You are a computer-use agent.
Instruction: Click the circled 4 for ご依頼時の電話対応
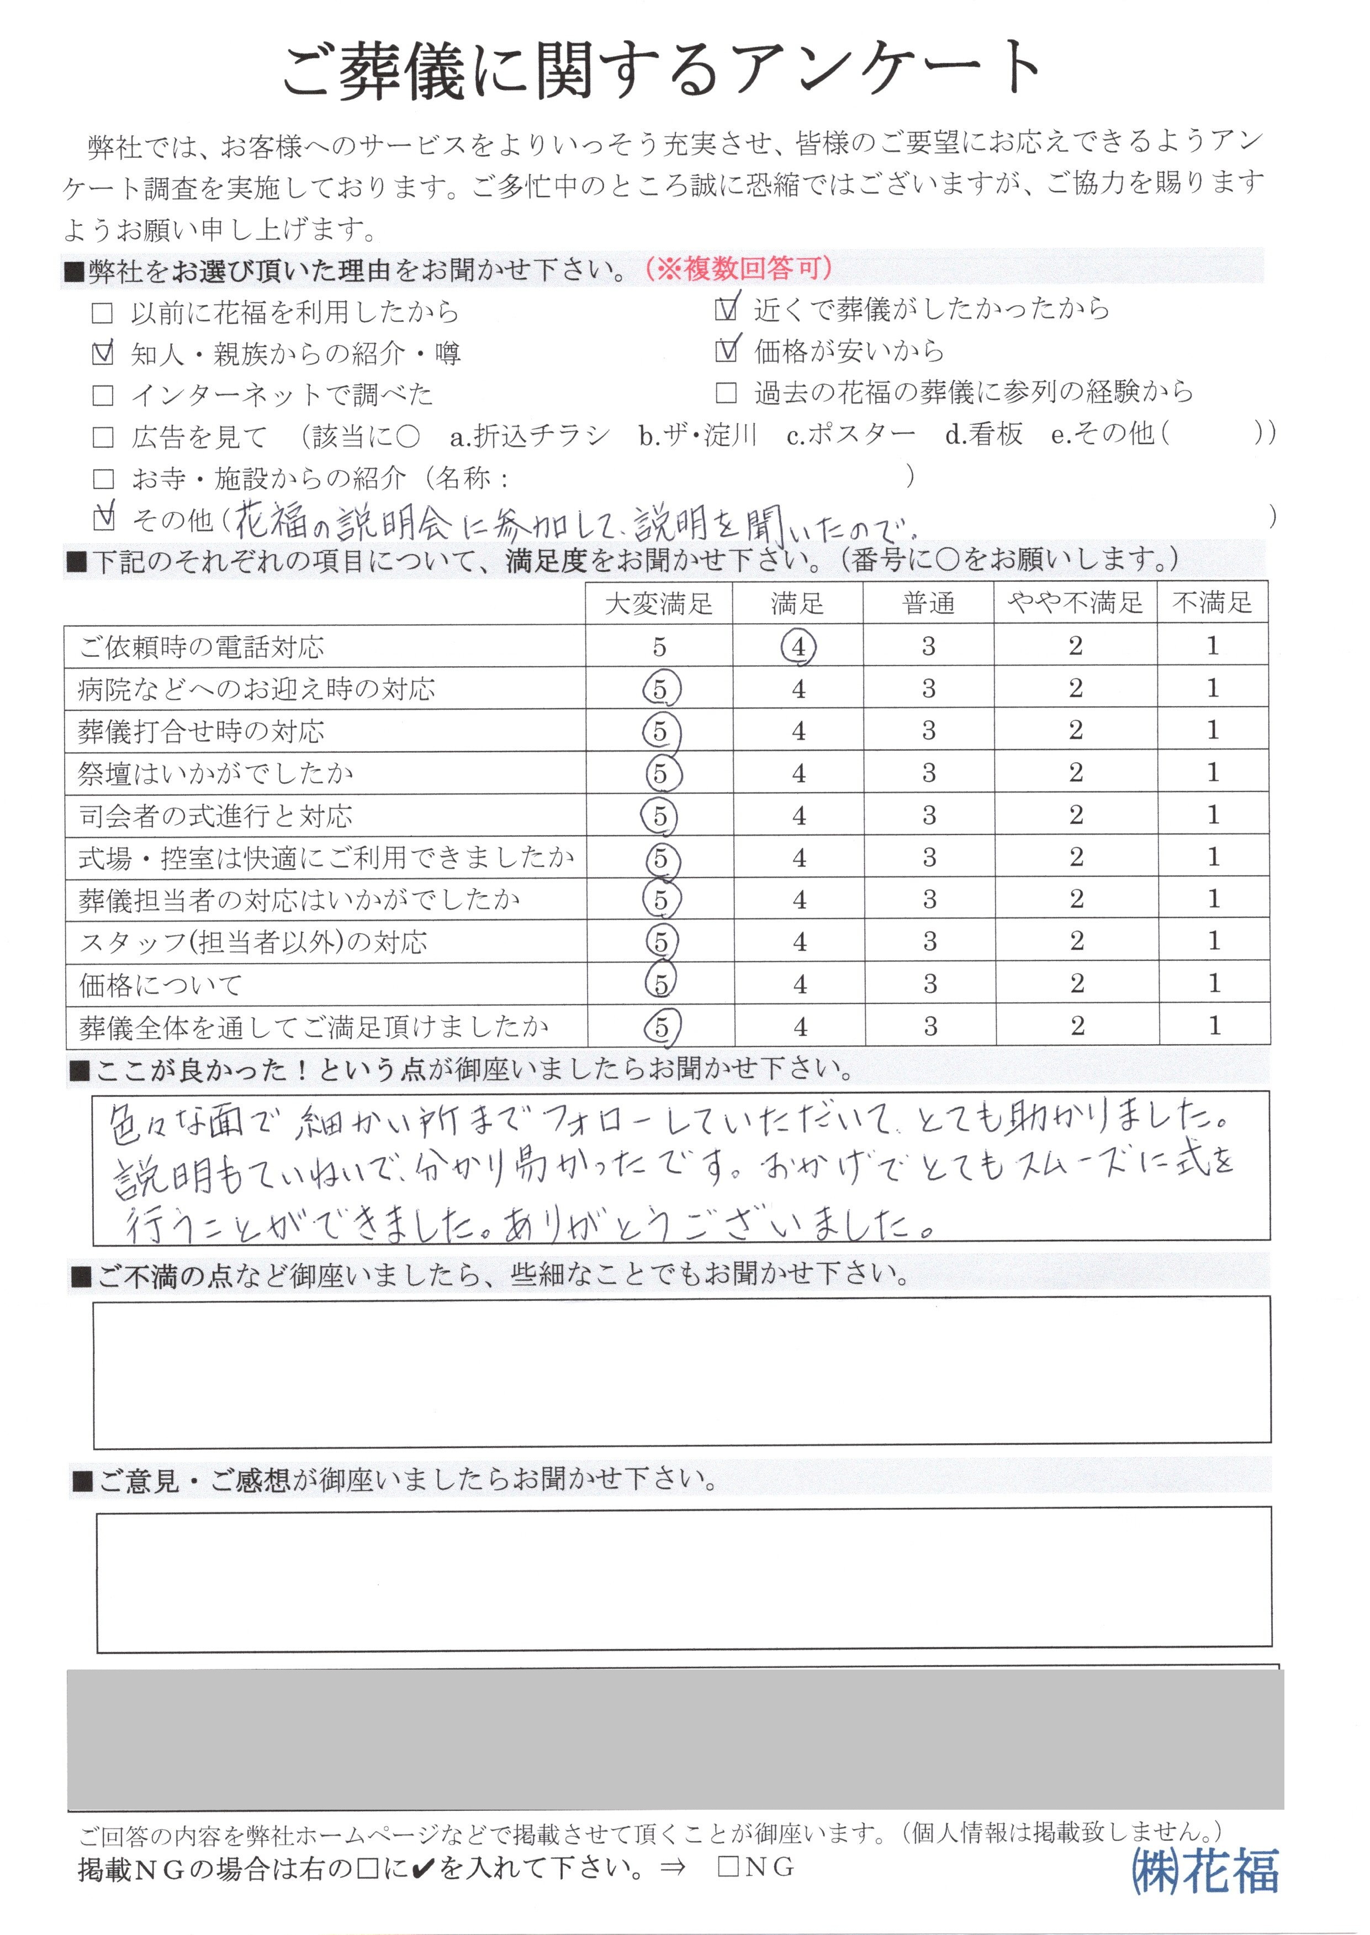[x=798, y=647]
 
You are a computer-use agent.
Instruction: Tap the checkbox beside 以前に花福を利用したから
[x=102, y=313]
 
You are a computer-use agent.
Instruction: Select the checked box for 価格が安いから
[x=724, y=351]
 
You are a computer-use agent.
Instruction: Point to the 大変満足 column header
[x=659, y=604]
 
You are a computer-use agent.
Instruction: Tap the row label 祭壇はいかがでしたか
[x=215, y=773]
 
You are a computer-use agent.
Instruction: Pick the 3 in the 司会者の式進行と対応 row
[x=929, y=815]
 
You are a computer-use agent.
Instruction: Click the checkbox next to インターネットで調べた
[x=102, y=395]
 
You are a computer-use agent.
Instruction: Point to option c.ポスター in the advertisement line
[x=850, y=435]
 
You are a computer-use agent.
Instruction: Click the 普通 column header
[x=928, y=604]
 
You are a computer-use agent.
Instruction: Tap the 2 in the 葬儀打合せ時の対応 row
[x=1076, y=730]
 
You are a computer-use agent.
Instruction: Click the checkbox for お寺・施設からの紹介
[x=103, y=479]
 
